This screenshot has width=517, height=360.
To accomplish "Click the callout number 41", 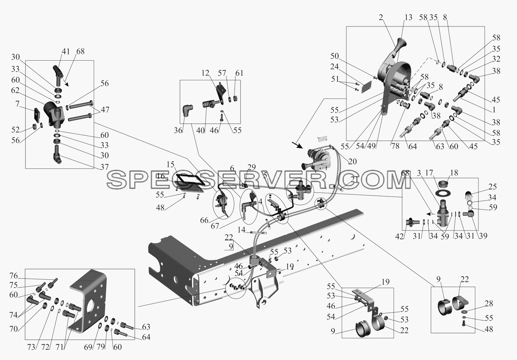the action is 66,51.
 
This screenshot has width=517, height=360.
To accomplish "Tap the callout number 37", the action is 104,167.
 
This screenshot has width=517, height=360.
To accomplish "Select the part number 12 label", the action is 205,73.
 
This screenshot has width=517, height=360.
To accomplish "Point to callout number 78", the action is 395,146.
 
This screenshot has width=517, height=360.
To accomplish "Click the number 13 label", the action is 408,17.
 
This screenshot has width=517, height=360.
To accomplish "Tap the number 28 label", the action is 489,304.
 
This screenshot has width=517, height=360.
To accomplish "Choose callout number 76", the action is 14,276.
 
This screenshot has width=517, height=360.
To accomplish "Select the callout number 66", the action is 204,220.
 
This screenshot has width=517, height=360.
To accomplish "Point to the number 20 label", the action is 353,162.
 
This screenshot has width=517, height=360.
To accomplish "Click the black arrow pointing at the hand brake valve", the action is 297,145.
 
